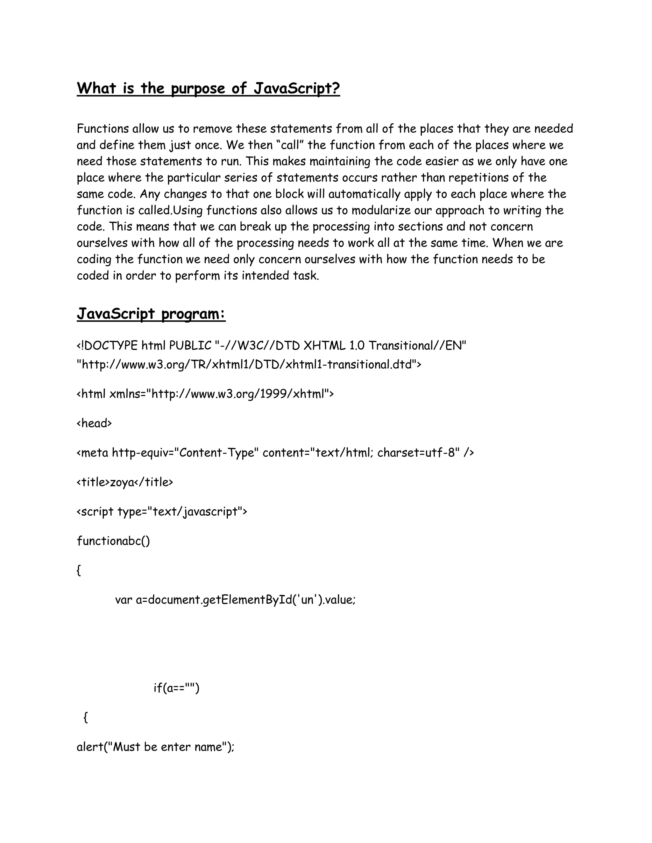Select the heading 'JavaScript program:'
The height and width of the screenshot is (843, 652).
(x=151, y=314)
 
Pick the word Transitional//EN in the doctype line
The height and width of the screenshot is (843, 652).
(x=417, y=345)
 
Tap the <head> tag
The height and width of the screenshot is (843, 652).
(x=94, y=423)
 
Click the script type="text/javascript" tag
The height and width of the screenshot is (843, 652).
(x=162, y=512)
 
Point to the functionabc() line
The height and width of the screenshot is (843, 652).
(x=113, y=541)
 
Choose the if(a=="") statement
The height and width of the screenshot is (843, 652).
(x=176, y=688)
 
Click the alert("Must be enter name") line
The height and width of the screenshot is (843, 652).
(x=156, y=747)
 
